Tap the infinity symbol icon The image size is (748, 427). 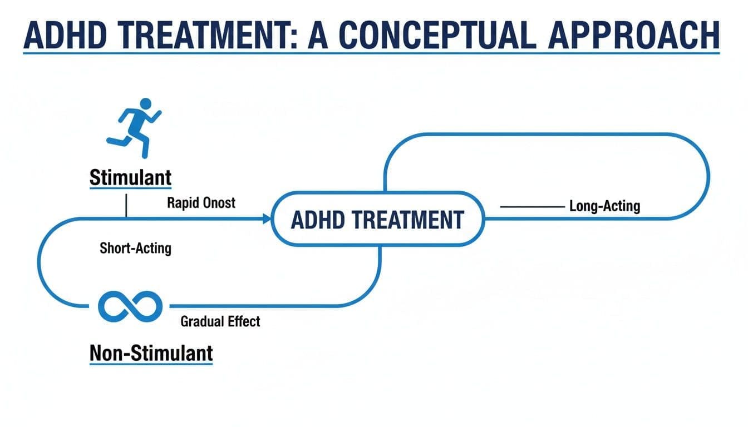[130, 305]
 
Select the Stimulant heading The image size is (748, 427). [130, 178]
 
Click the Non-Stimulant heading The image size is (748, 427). [151, 352]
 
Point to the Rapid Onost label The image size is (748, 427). [201, 202]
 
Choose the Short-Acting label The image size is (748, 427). [135, 248]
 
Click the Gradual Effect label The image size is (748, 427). [220, 321]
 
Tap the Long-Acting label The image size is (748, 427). [604, 206]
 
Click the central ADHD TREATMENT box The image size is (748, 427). [377, 220]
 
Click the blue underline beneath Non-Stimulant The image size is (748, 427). [151, 364]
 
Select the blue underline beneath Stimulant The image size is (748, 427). [130, 189]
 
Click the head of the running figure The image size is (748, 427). [145, 103]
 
